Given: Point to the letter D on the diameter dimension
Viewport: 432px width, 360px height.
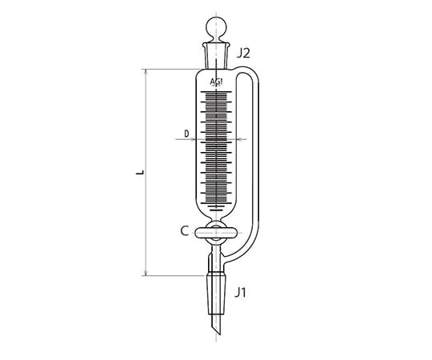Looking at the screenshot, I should [x=186, y=133].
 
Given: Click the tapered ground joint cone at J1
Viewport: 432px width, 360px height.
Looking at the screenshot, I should [x=217, y=288].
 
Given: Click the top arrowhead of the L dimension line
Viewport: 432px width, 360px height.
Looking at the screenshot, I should [x=146, y=72].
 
